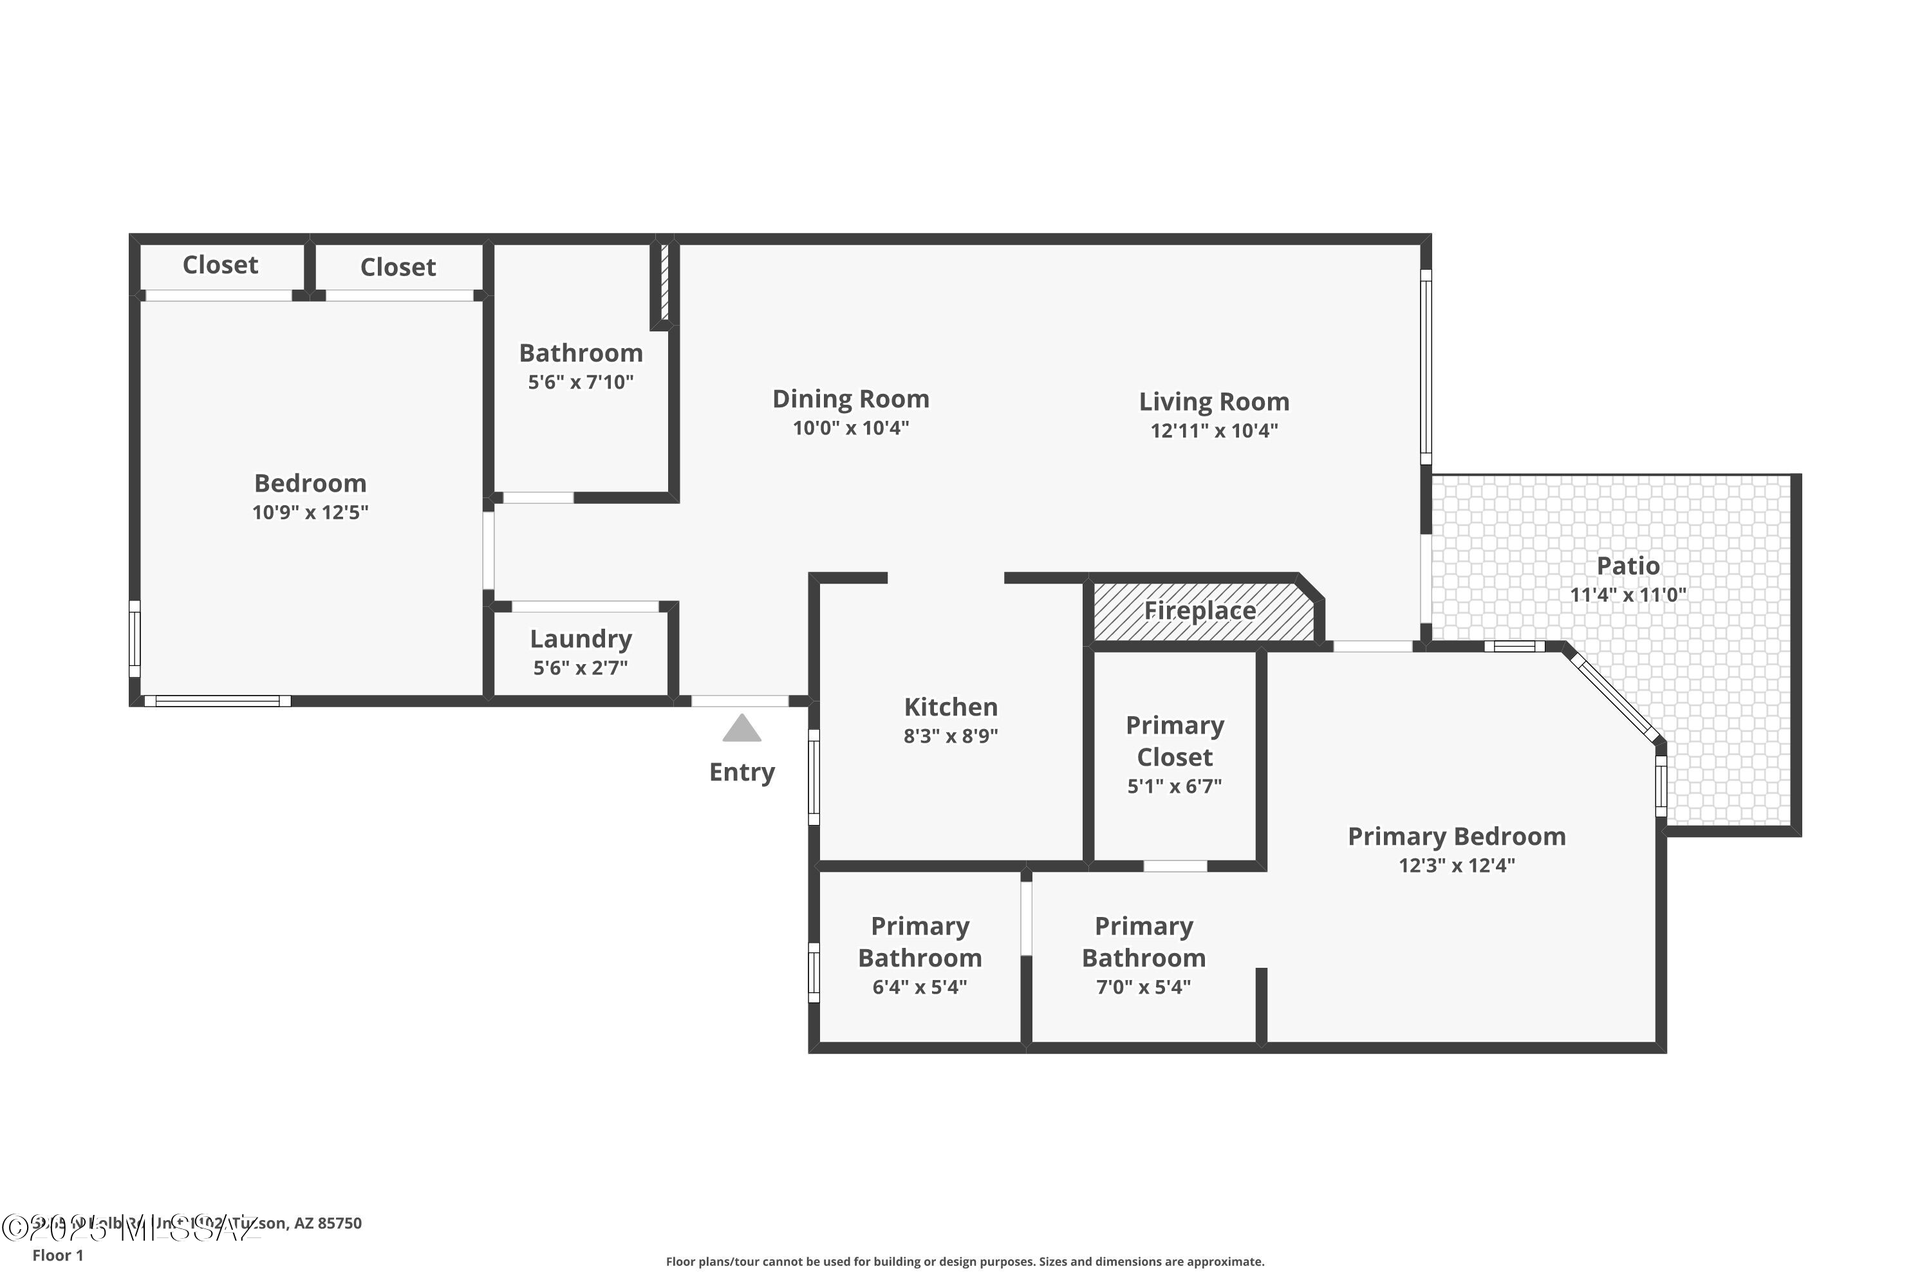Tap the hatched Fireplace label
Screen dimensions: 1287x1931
click(x=1200, y=611)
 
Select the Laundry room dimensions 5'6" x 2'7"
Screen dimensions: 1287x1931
click(x=581, y=668)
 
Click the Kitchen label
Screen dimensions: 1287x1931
click(x=951, y=707)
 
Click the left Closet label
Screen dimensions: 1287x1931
click(x=220, y=265)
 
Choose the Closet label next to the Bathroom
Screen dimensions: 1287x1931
click(x=398, y=267)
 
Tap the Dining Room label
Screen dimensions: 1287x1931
click(x=850, y=399)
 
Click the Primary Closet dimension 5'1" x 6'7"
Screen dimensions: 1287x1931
click(x=1174, y=786)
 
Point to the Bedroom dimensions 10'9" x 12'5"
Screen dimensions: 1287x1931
click(x=310, y=513)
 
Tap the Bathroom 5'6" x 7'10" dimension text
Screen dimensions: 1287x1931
click(x=581, y=382)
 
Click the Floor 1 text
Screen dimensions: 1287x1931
click(x=57, y=1255)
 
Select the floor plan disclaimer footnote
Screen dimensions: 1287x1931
click(x=965, y=1261)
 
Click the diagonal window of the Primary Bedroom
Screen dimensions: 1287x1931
click(x=1616, y=697)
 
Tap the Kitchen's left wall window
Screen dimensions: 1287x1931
click(x=814, y=777)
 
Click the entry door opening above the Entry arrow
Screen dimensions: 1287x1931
click(x=740, y=701)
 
